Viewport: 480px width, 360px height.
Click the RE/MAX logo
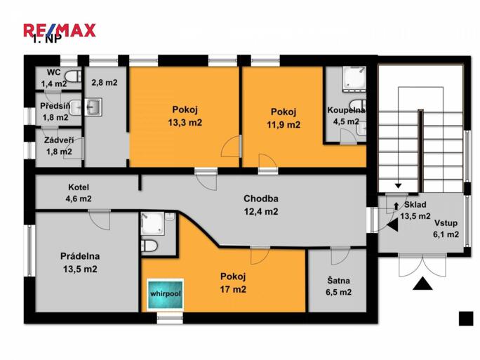pyautogui.click(x=59, y=30)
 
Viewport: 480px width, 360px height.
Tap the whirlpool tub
pyautogui.click(x=165, y=295)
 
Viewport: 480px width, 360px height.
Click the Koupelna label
pyautogui.click(x=347, y=111)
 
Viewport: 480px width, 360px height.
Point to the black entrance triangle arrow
pyautogui.click(x=422, y=284)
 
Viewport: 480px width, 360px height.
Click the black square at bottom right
pyautogui.click(x=466, y=318)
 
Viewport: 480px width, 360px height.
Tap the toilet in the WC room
pyautogui.click(x=73, y=76)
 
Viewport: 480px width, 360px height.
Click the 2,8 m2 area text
pyautogui.click(x=104, y=82)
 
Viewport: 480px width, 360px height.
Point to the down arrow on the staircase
pyautogui.click(x=399, y=185)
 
